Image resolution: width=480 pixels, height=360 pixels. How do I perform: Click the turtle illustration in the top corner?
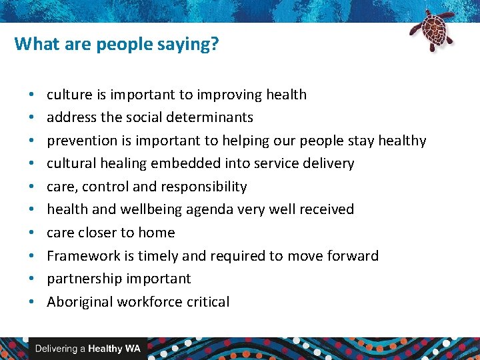(x=431, y=30)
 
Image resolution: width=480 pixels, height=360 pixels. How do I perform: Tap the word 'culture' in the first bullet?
(x=69, y=95)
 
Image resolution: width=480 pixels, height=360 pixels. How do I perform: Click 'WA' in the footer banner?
(x=133, y=349)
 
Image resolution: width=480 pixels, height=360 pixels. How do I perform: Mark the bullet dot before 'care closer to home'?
(x=31, y=233)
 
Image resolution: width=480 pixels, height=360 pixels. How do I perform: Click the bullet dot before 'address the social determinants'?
(x=31, y=117)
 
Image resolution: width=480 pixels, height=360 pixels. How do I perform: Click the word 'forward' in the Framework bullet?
(x=353, y=256)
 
